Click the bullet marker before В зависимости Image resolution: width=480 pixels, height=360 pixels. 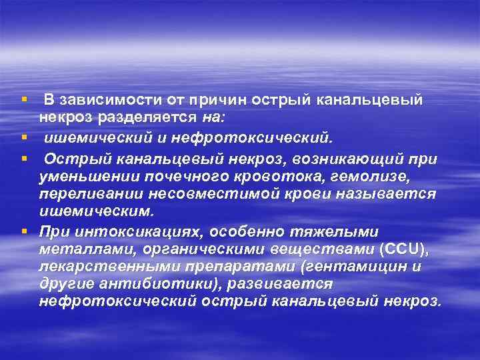[x=25, y=100]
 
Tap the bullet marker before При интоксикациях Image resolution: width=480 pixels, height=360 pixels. [x=25, y=231]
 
